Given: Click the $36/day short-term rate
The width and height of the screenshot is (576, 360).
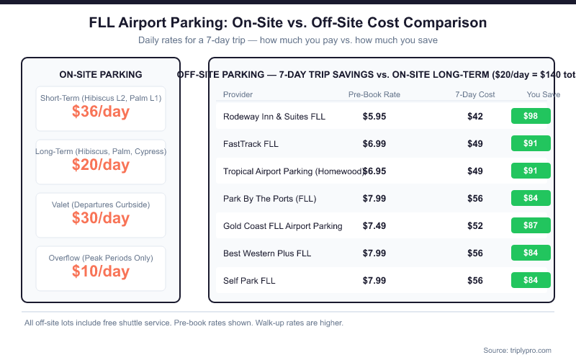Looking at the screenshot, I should pos(101,112).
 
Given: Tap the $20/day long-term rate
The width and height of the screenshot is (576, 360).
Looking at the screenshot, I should pos(101,165).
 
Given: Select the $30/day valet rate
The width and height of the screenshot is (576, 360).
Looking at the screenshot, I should pos(101,218).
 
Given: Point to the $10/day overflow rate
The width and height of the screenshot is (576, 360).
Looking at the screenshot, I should pos(101,271).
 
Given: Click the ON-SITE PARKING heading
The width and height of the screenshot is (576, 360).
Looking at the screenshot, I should pos(101,74).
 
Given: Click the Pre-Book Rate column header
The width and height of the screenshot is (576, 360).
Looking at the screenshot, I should pos(374,94).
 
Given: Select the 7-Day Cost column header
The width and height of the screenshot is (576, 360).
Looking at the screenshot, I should pos(475,94).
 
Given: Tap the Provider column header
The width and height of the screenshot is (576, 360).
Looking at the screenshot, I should pos(238,94).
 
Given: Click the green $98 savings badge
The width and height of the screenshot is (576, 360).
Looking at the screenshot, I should pos(531,117).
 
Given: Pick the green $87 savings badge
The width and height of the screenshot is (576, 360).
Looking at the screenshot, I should pos(531,226).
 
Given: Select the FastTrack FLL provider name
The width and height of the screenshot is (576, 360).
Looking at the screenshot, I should pos(251,144).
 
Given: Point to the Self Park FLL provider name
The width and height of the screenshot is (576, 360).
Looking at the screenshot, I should pos(249,281).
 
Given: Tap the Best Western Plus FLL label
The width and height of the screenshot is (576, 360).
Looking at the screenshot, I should pos(267,253).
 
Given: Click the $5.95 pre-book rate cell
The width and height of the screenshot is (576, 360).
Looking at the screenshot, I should pos(374,117).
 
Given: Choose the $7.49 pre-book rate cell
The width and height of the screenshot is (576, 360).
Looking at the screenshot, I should pos(374,226).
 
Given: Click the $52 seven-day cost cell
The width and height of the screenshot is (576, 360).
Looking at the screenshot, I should pos(475,226).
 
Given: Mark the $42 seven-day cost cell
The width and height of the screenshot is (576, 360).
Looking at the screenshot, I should pos(475,117).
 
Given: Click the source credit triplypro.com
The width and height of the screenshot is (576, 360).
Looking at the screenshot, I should pos(517,350).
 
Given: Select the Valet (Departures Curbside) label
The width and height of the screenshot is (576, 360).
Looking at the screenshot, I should pos(101,205).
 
